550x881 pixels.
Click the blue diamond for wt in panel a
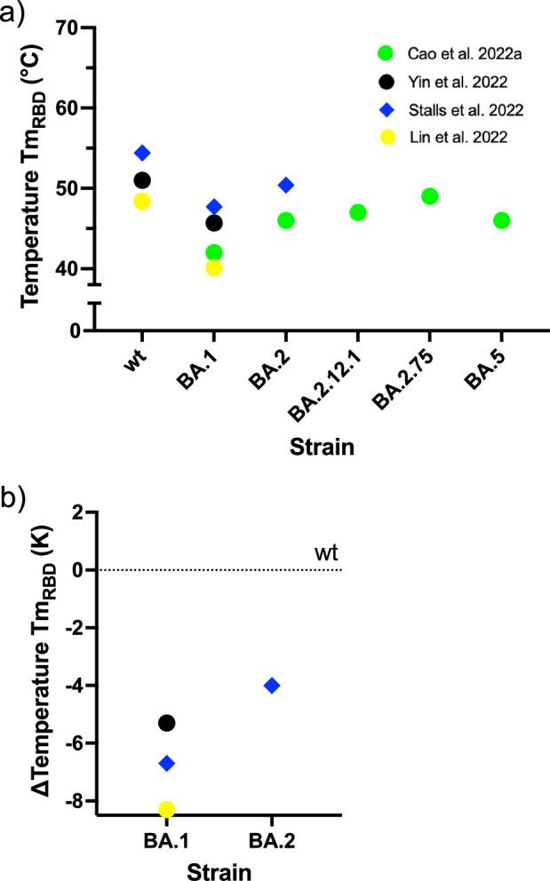(x=142, y=154)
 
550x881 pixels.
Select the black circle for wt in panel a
(x=142, y=180)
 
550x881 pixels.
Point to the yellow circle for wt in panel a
(x=142, y=202)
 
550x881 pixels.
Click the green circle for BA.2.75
(x=430, y=196)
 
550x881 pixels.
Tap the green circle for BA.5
(x=501, y=220)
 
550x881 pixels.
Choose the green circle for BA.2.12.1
(x=358, y=212)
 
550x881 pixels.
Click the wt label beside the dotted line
(x=325, y=554)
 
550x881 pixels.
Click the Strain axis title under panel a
(x=322, y=447)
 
